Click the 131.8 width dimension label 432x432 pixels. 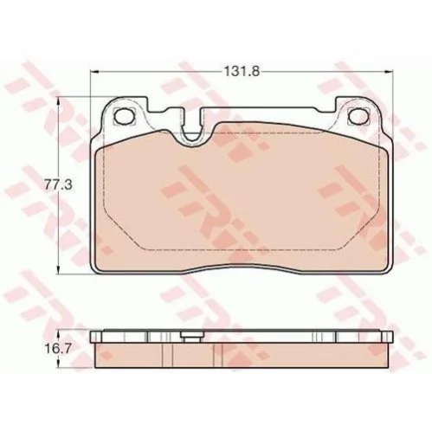[x=242, y=71]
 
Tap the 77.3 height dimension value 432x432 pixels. [x=58, y=185]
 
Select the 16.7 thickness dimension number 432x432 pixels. [x=58, y=349]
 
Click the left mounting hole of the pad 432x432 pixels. [x=125, y=116]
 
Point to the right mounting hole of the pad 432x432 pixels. [x=358, y=116]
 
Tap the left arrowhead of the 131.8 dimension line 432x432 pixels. [x=94, y=71]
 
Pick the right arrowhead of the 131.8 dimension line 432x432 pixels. [x=389, y=71]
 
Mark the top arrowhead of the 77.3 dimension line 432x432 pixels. [x=59, y=101]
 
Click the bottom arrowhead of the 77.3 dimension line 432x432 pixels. [x=59, y=269]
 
